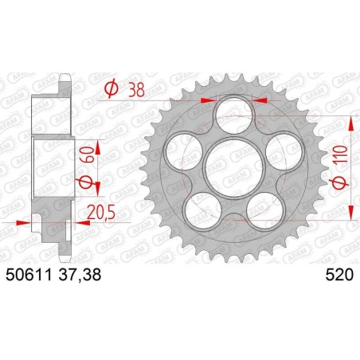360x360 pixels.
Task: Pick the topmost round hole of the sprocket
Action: (232, 112)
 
